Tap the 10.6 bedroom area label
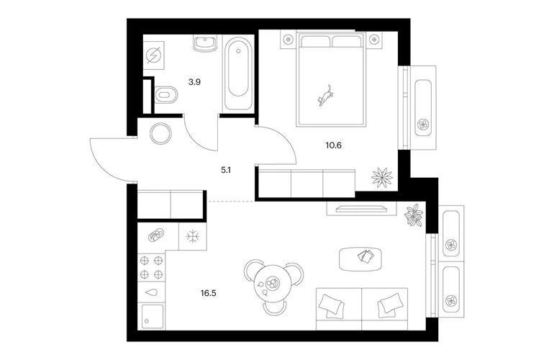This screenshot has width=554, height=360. click(333, 144)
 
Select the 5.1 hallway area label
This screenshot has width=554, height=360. click(226, 171)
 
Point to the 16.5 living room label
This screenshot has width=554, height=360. click(209, 293)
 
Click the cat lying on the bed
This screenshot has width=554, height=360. click(327, 95)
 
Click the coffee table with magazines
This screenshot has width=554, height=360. click(363, 256)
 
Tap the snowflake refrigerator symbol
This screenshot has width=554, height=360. click(193, 235)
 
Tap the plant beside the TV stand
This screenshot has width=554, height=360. click(414, 215)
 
